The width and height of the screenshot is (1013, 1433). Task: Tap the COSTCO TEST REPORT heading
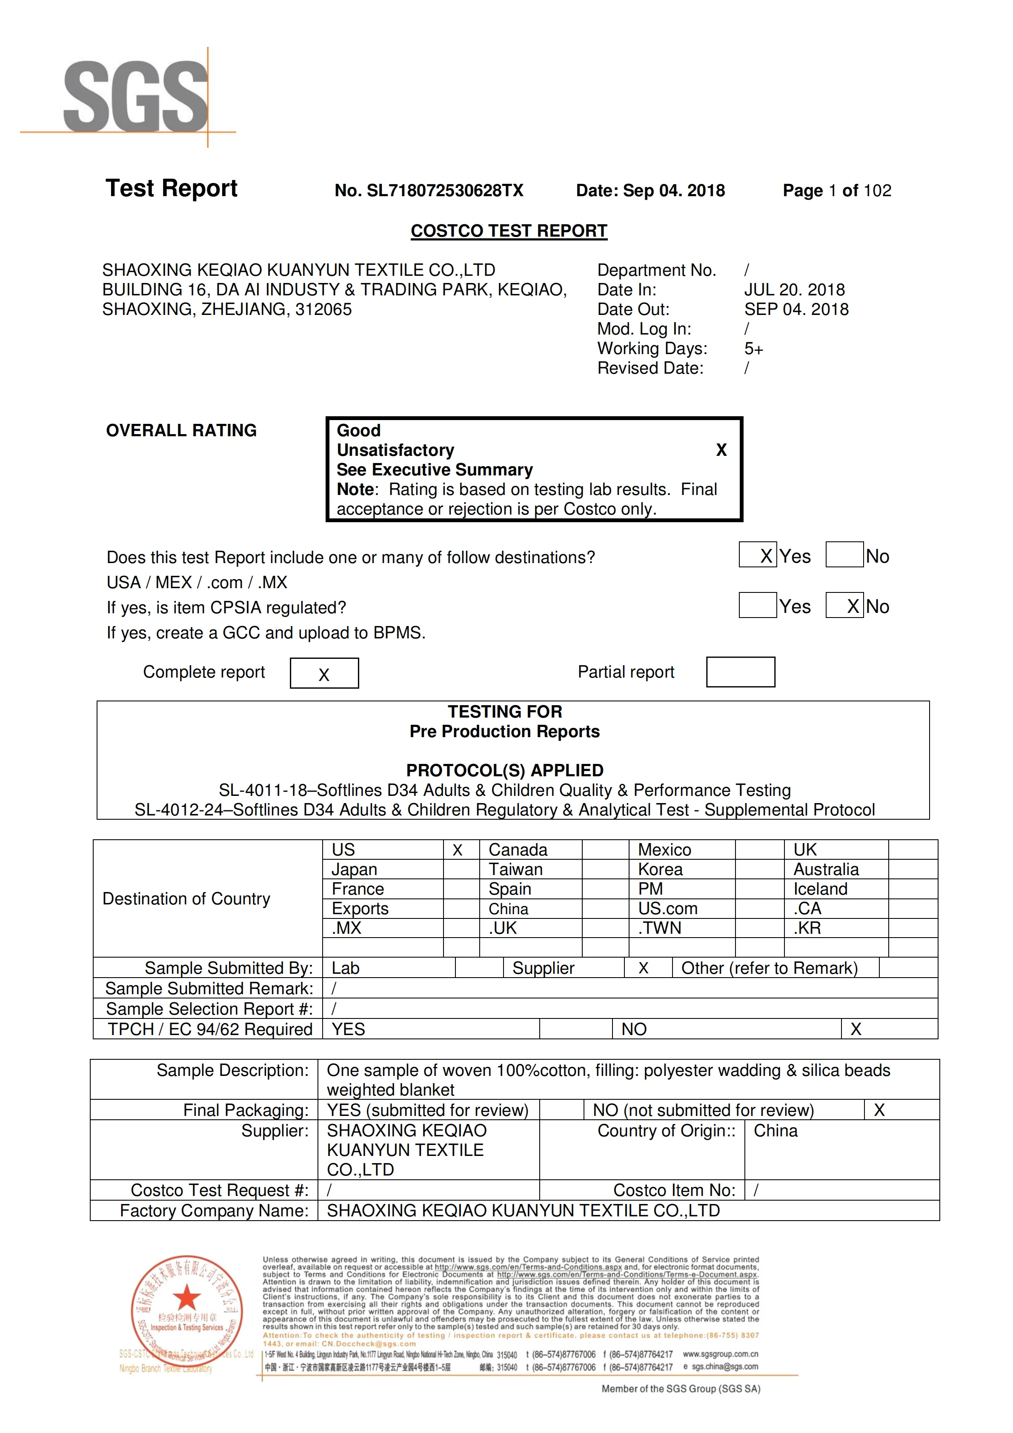509,231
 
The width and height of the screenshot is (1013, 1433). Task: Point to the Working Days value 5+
753,349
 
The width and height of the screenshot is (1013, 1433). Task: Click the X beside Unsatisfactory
721,450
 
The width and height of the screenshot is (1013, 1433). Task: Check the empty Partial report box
740,672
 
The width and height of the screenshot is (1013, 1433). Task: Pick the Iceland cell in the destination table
820,889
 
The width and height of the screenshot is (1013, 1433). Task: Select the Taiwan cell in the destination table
515,870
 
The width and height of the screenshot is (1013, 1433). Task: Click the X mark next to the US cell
458,850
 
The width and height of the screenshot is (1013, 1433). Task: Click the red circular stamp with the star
186,1306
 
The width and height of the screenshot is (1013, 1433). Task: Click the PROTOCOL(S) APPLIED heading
504,770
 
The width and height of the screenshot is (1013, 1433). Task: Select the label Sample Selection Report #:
209,1009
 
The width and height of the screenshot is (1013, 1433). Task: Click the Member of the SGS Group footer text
680,1389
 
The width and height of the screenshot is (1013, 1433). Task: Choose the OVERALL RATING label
181,431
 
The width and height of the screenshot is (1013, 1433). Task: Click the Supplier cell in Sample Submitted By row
543,968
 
